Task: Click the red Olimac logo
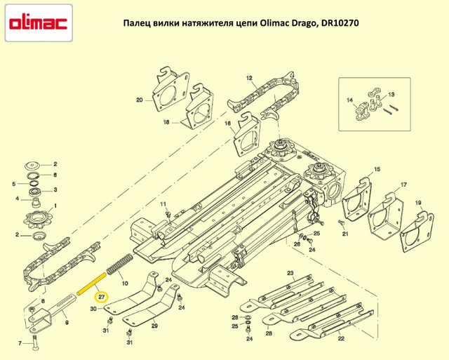[39, 23]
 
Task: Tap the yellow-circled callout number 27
[102, 297]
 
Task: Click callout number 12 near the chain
[249, 78]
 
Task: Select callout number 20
[140, 100]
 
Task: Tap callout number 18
[166, 123]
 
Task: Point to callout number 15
[377, 170]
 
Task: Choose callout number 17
[403, 185]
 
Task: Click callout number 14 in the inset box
[349, 101]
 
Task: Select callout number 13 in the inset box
[391, 94]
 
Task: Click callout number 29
[154, 326]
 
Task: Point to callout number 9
[67, 324]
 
